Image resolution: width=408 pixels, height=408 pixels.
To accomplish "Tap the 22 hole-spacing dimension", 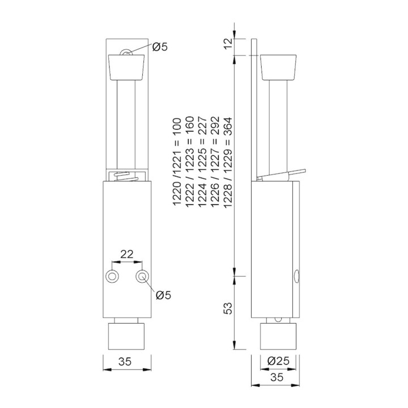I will tap(127, 254).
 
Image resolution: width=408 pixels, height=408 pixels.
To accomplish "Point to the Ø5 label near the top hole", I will tap(160, 47).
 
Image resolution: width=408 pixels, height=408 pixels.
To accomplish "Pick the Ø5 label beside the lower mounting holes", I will tap(164, 295).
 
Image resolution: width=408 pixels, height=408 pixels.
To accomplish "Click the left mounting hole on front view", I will tap(113, 276).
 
